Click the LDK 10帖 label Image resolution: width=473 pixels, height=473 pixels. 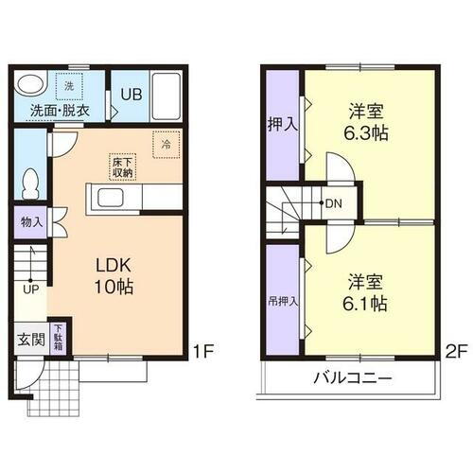112,275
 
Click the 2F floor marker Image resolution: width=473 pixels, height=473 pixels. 455,353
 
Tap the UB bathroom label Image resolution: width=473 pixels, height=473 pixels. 129,95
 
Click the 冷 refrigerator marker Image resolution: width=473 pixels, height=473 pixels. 166,145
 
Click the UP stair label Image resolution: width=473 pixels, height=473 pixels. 31,289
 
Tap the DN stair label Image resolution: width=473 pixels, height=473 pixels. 335,202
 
